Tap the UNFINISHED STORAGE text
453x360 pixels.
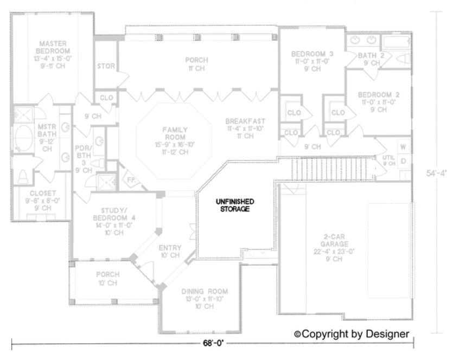(234, 204)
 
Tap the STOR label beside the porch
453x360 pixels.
(105, 67)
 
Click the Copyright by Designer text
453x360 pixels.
(352, 333)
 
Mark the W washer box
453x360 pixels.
(403, 147)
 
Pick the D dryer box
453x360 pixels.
(403, 161)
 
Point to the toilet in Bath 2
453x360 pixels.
(401, 60)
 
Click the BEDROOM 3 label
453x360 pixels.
(312, 54)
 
